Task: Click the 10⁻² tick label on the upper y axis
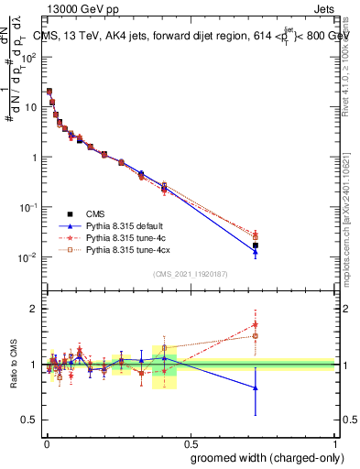27,257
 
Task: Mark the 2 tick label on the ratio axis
34,309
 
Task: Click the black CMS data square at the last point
256,245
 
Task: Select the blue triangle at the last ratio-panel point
256,388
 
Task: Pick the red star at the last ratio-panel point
256,324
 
